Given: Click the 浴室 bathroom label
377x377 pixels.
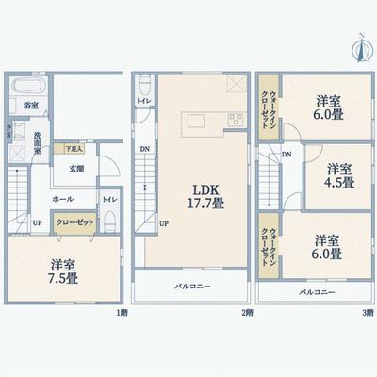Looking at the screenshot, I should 31,106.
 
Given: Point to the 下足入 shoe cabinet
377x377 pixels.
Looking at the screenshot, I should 74,149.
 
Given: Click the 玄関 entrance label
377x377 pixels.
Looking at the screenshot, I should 76,170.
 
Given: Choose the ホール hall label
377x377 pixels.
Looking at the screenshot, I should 63,200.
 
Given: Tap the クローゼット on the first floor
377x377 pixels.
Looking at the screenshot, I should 74,223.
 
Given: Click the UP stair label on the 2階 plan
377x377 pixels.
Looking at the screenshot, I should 164,223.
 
